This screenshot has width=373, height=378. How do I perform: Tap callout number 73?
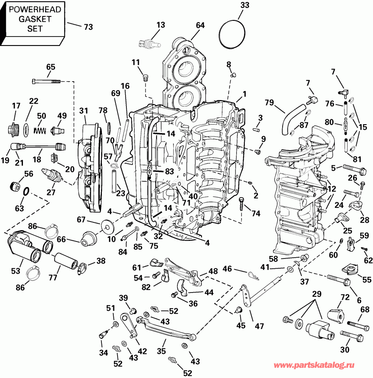tap(88, 27)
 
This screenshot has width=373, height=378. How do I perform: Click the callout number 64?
tap(200, 25)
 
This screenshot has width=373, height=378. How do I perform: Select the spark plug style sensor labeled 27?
tap(52, 175)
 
